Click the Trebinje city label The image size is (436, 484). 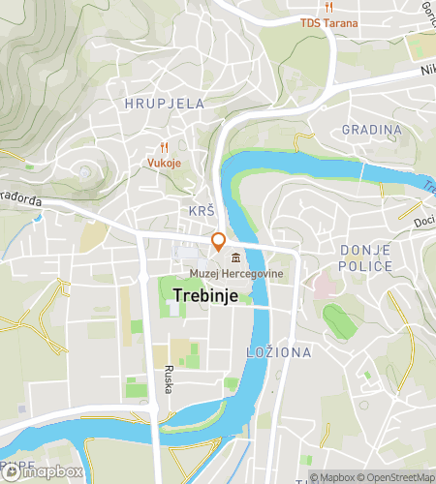[207, 295]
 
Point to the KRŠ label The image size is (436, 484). [202, 210]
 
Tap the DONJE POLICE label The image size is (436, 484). [366, 257]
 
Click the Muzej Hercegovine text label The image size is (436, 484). [230, 274]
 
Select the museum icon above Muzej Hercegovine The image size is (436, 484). [236, 257]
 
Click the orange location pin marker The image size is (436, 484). [219, 242]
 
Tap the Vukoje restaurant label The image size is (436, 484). [164, 163]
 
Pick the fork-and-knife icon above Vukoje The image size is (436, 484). [164, 147]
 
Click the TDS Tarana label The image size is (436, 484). [328, 23]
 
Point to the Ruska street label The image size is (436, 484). [168, 377]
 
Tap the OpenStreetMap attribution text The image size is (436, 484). [397, 476]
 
